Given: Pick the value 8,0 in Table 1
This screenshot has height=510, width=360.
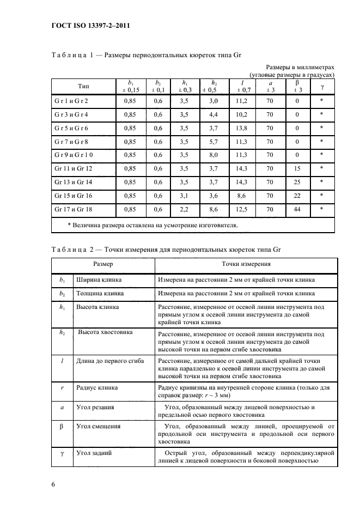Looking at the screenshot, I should coord(213,155).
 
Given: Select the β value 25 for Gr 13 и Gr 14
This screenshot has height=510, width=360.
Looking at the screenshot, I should coord(297,181).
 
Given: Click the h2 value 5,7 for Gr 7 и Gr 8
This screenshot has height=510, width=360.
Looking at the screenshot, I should coord(213,141).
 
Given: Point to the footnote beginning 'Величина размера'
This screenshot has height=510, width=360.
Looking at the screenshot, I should coord(152,224).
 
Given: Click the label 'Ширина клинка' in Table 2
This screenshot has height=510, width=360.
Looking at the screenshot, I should coord(99,280).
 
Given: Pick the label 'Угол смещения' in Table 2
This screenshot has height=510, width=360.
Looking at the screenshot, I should coord(98,426).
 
